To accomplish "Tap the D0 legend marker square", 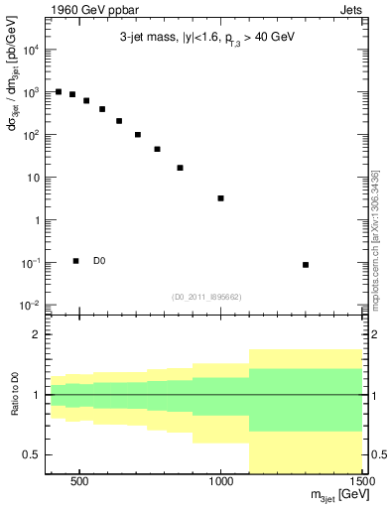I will click(x=75, y=261).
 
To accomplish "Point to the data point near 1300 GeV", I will click(x=306, y=265).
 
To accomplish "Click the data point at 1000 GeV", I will click(x=220, y=198).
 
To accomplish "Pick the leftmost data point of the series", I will click(x=59, y=91).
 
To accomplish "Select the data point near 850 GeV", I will click(x=180, y=168).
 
